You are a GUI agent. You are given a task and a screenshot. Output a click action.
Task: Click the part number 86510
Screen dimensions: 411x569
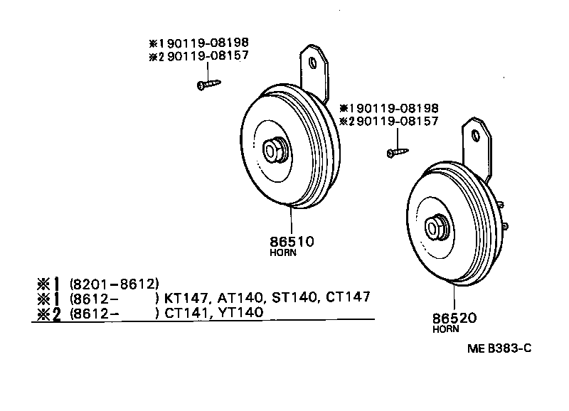292,242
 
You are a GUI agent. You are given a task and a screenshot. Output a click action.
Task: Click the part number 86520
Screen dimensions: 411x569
454,319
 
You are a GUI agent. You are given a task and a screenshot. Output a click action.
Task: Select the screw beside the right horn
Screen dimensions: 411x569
398,151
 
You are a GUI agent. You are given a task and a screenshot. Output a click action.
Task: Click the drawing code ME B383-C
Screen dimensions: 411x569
499,348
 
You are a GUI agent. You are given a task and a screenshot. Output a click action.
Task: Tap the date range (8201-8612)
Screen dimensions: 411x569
114,282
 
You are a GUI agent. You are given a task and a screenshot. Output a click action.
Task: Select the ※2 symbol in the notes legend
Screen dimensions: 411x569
50,312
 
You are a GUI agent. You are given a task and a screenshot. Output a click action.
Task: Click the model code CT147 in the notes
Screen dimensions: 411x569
348,297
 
